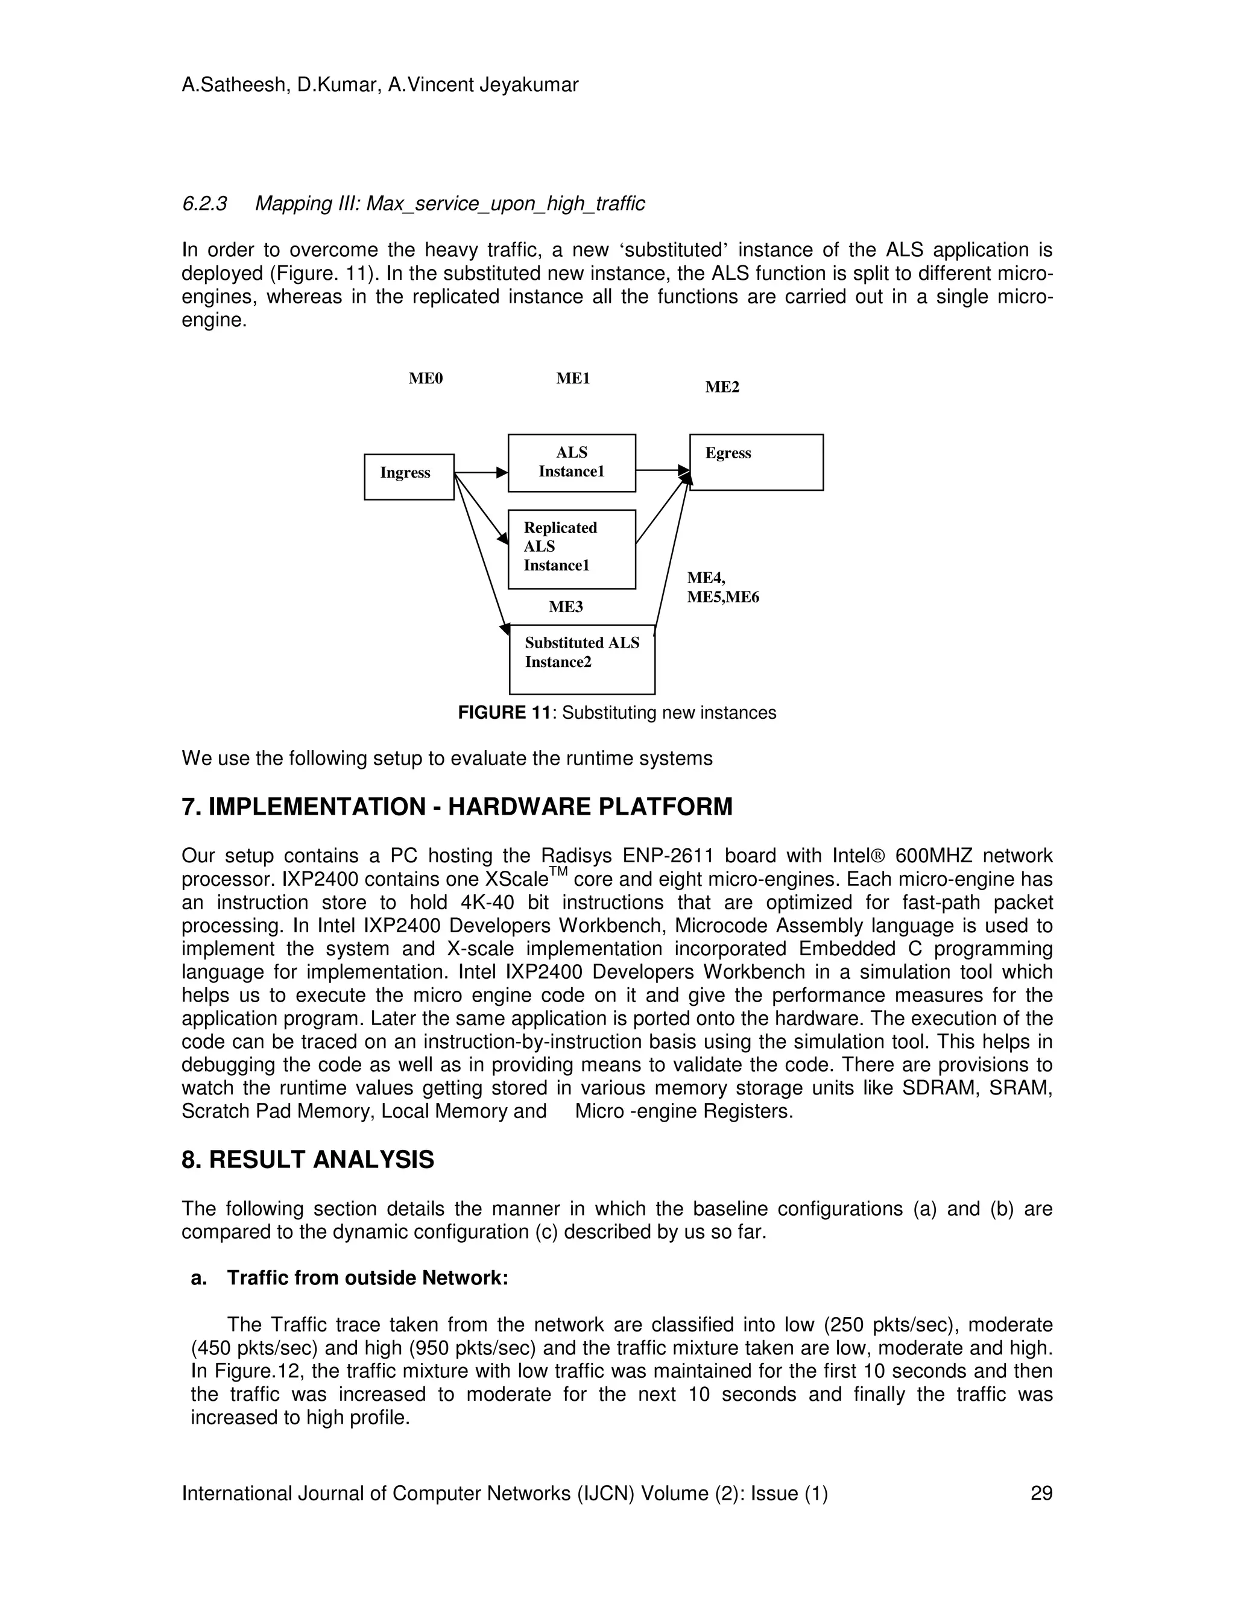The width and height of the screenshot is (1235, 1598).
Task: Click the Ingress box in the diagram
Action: [x=409, y=476]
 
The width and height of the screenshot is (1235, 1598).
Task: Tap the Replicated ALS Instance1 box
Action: [x=572, y=549]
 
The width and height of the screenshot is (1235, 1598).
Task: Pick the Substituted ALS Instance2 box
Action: [x=582, y=659]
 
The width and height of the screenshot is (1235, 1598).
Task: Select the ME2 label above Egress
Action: [x=722, y=387]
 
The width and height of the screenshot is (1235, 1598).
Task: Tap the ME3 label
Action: [x=566, y=607]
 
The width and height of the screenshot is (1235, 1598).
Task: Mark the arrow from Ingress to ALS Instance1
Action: [x=481, y=473]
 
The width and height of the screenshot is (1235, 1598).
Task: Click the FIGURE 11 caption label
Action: [x=504, y=713]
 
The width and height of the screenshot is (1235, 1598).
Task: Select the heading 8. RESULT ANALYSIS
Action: [x=308, y=1160]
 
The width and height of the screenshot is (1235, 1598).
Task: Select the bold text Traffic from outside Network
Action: [x=367, y=1278]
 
